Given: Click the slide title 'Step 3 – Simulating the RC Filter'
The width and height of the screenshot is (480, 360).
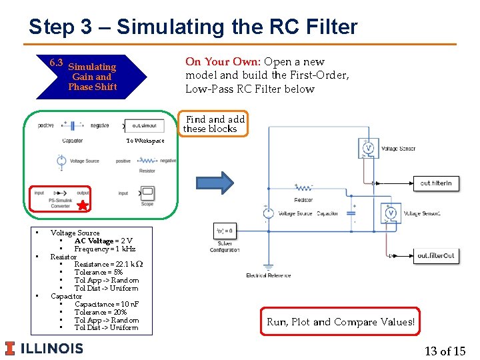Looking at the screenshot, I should tap(193, 27).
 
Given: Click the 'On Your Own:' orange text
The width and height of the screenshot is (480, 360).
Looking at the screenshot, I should tap(223, 62).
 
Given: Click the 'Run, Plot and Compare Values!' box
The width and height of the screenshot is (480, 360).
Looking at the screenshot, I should tap(340, 322).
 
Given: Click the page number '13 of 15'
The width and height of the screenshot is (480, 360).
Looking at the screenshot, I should tap(445, 351).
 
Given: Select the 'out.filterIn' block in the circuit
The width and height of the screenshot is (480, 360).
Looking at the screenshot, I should tap(436, 183).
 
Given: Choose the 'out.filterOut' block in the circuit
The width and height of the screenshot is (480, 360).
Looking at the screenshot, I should tap(436, 255).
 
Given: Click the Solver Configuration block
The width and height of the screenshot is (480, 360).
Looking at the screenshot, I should tap(224, 231).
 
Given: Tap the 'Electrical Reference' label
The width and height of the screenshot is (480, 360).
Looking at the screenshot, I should tap(269, 275).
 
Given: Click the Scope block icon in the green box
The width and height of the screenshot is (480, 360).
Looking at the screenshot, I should tap(147, 193).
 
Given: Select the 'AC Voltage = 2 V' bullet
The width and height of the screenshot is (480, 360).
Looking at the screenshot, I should tap(103, 241).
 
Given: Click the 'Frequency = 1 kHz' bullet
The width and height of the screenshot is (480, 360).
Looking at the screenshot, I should tap(105, 249).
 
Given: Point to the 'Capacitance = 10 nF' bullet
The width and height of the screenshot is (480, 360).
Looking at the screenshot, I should tap(106, 304).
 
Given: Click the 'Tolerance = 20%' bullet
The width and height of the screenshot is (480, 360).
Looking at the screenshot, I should tap(101, 312).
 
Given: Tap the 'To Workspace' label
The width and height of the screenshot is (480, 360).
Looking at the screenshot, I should tap(145, 141).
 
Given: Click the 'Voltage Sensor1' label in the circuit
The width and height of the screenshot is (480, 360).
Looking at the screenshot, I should tap(421, 213).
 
